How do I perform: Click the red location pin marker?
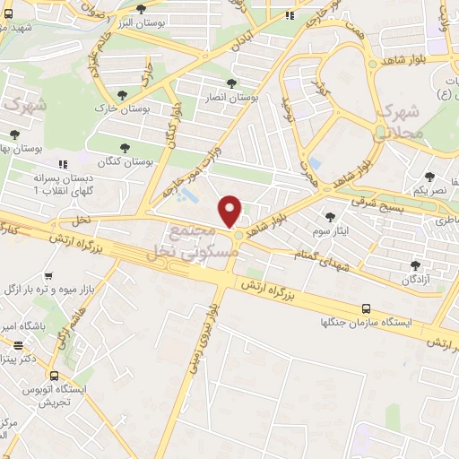pyautogui.click(x=231, y=211)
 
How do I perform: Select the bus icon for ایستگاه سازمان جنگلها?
pyautogui.click(x=365, y=307)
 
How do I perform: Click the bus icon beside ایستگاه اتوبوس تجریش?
pyautogui.click(x=55, y=376)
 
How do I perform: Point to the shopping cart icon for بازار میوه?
pyautogui.click(x=49, y=276)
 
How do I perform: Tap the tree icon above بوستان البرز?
pyautogui.click(x=140, y=9)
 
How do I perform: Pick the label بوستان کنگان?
pyautogui.click(x=126, y=160)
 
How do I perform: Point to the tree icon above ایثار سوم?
pyautogui.click(x=330, y=217)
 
